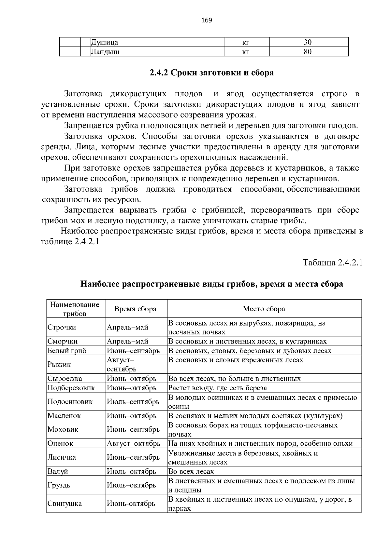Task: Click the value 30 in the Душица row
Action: (x=308, y=42)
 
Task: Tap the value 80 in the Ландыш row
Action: (x=308, y=52)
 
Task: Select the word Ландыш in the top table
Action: (x=105, y=52)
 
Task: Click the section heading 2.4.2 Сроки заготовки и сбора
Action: (x=211, y=73)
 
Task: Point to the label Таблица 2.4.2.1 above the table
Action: (x=333, y=263)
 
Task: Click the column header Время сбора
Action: (x=135, y=309)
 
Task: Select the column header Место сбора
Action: (x=264, y=309)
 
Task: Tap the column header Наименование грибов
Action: (x=75, y=309)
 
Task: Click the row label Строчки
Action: (x=62, y=327)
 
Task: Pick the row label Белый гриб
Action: (x=67, y=351)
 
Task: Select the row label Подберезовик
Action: (x=71, y=388)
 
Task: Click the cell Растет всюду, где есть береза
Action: (x=217, y=388)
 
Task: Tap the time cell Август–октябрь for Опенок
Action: (x=134, y=443)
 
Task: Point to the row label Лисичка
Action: (x=62, y=457)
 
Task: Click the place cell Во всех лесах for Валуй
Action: (x=191, y=471)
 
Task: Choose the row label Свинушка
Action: (x=65, y=504)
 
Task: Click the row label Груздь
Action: (x=59, y=485)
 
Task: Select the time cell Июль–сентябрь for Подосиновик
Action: (x=133, y=402)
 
